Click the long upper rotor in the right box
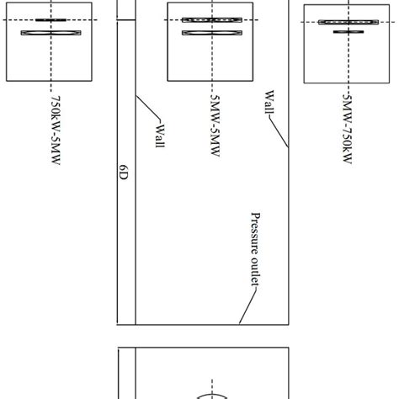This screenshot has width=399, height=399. pyautogui.click(x=346, y=24)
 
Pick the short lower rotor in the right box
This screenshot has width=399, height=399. pyautogui.click(x=346, y=32)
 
